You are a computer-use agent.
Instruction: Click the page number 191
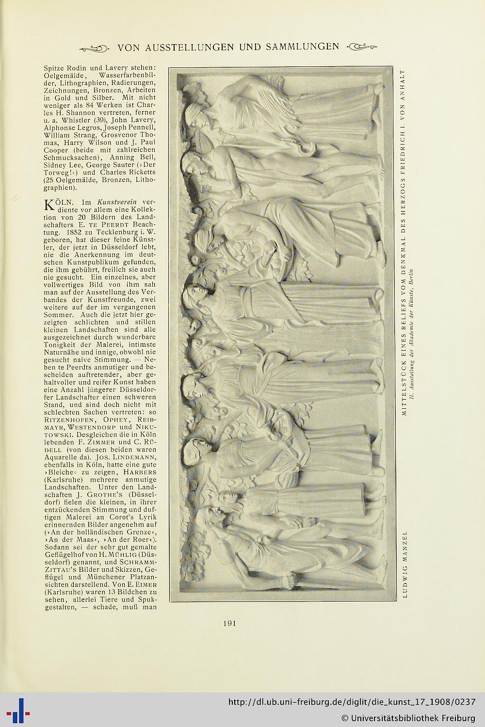(230, 624)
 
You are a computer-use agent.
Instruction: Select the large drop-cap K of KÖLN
(49, 205)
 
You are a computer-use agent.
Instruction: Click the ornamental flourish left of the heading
(96, 48)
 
